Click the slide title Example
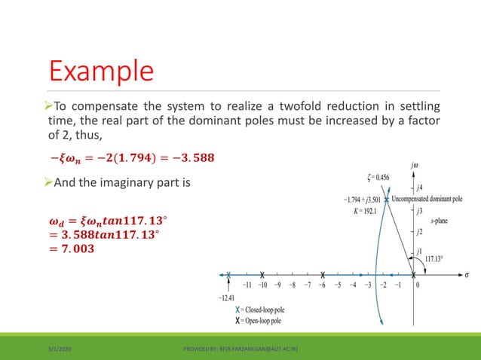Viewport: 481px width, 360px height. (x=102, y=72)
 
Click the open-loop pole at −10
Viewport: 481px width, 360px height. (x=262, y=275)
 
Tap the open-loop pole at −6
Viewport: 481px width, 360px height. (x=323, y=275)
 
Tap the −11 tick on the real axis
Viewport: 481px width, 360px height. (x=247, y=285)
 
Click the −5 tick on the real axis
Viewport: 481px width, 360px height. (x=339, y=285)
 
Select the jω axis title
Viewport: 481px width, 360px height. (x=416, y=163)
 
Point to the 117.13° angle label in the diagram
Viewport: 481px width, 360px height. (x=435, y=258)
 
